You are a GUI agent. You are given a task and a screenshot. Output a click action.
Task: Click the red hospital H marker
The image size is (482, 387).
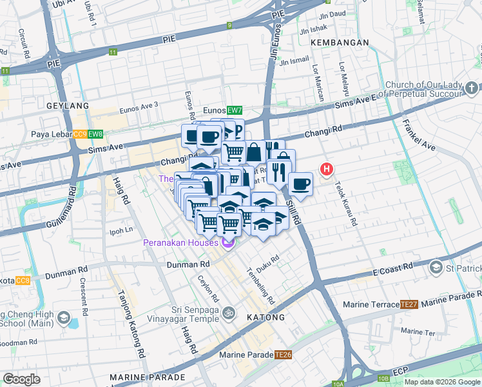(327, 170)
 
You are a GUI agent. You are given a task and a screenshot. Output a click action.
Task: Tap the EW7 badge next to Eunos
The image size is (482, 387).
(235, 110)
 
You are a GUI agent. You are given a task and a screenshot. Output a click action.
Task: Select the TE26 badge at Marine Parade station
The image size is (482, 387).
(284, 354)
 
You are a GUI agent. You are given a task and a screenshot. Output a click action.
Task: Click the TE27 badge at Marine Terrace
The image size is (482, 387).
(409, 304)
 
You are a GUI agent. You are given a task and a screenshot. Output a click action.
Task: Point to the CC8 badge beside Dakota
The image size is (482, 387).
(22, 281)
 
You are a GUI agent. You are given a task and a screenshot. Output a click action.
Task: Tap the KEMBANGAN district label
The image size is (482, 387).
(340, 42)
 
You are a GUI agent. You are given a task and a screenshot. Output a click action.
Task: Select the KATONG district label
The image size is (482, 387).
(266, 317)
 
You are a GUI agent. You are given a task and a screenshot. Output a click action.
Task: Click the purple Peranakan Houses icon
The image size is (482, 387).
(226, 243)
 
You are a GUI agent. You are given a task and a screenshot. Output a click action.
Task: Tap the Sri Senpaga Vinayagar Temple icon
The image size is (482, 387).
(227, 314)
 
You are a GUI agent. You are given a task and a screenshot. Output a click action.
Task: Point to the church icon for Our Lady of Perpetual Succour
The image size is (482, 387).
(471, 87)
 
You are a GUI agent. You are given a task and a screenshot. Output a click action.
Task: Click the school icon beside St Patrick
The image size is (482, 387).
(436, 267)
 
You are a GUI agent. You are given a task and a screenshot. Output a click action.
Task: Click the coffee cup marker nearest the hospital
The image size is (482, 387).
(300, 184)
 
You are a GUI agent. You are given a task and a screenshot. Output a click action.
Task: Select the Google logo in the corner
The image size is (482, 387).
(22, 379)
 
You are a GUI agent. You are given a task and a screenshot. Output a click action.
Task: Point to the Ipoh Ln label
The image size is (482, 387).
(120, 230)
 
